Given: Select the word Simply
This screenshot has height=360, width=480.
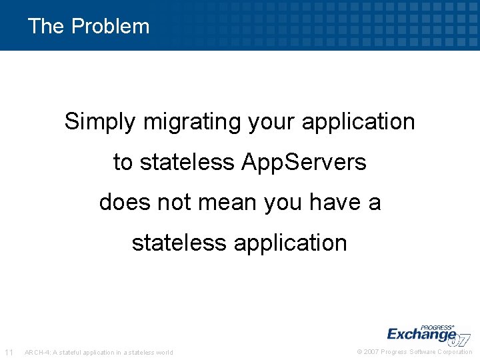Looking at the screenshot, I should pos(99,122).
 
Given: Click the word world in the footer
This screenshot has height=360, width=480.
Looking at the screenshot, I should pos(164,352).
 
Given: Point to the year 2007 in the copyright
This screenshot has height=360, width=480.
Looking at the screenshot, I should pos(371,352).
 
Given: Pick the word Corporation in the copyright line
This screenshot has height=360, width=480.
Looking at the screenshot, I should pos(455,352).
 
